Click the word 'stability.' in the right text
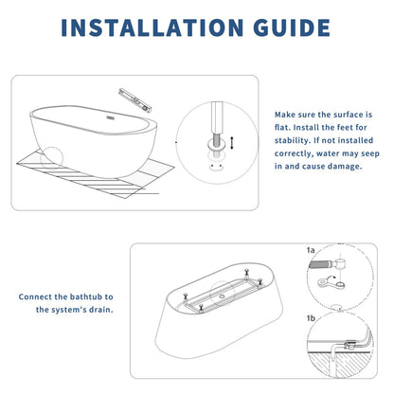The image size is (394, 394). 298,147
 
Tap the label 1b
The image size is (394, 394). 310,317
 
